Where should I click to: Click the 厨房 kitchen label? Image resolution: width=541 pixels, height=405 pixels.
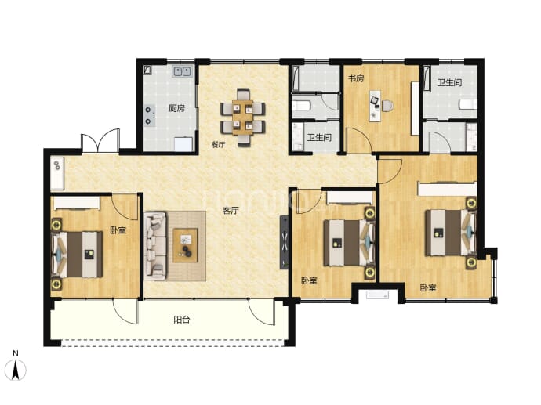176,108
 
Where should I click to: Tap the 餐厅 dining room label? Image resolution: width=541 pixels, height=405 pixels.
219,144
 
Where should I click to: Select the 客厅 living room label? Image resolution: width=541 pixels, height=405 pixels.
231,210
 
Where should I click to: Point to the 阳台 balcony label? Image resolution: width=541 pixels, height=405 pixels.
181,320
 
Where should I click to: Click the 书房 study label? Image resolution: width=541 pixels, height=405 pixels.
356,78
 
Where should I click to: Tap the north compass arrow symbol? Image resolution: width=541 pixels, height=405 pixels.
16,370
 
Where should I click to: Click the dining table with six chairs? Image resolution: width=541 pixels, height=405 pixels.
243,118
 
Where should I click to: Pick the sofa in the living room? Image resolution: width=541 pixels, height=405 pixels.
156,245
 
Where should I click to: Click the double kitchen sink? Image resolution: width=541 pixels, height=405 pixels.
182,71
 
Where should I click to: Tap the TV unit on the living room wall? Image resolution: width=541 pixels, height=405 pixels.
285,243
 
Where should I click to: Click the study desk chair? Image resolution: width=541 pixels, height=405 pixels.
387,106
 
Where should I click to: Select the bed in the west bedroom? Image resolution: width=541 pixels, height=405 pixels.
78,255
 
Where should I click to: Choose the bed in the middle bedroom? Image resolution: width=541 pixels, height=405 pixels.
349,243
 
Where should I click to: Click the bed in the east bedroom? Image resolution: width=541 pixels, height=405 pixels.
451,233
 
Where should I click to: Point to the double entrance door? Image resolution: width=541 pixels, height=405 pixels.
100,141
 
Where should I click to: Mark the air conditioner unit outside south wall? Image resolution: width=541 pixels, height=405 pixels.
377,295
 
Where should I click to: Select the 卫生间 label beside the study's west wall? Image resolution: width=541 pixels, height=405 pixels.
319,138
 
